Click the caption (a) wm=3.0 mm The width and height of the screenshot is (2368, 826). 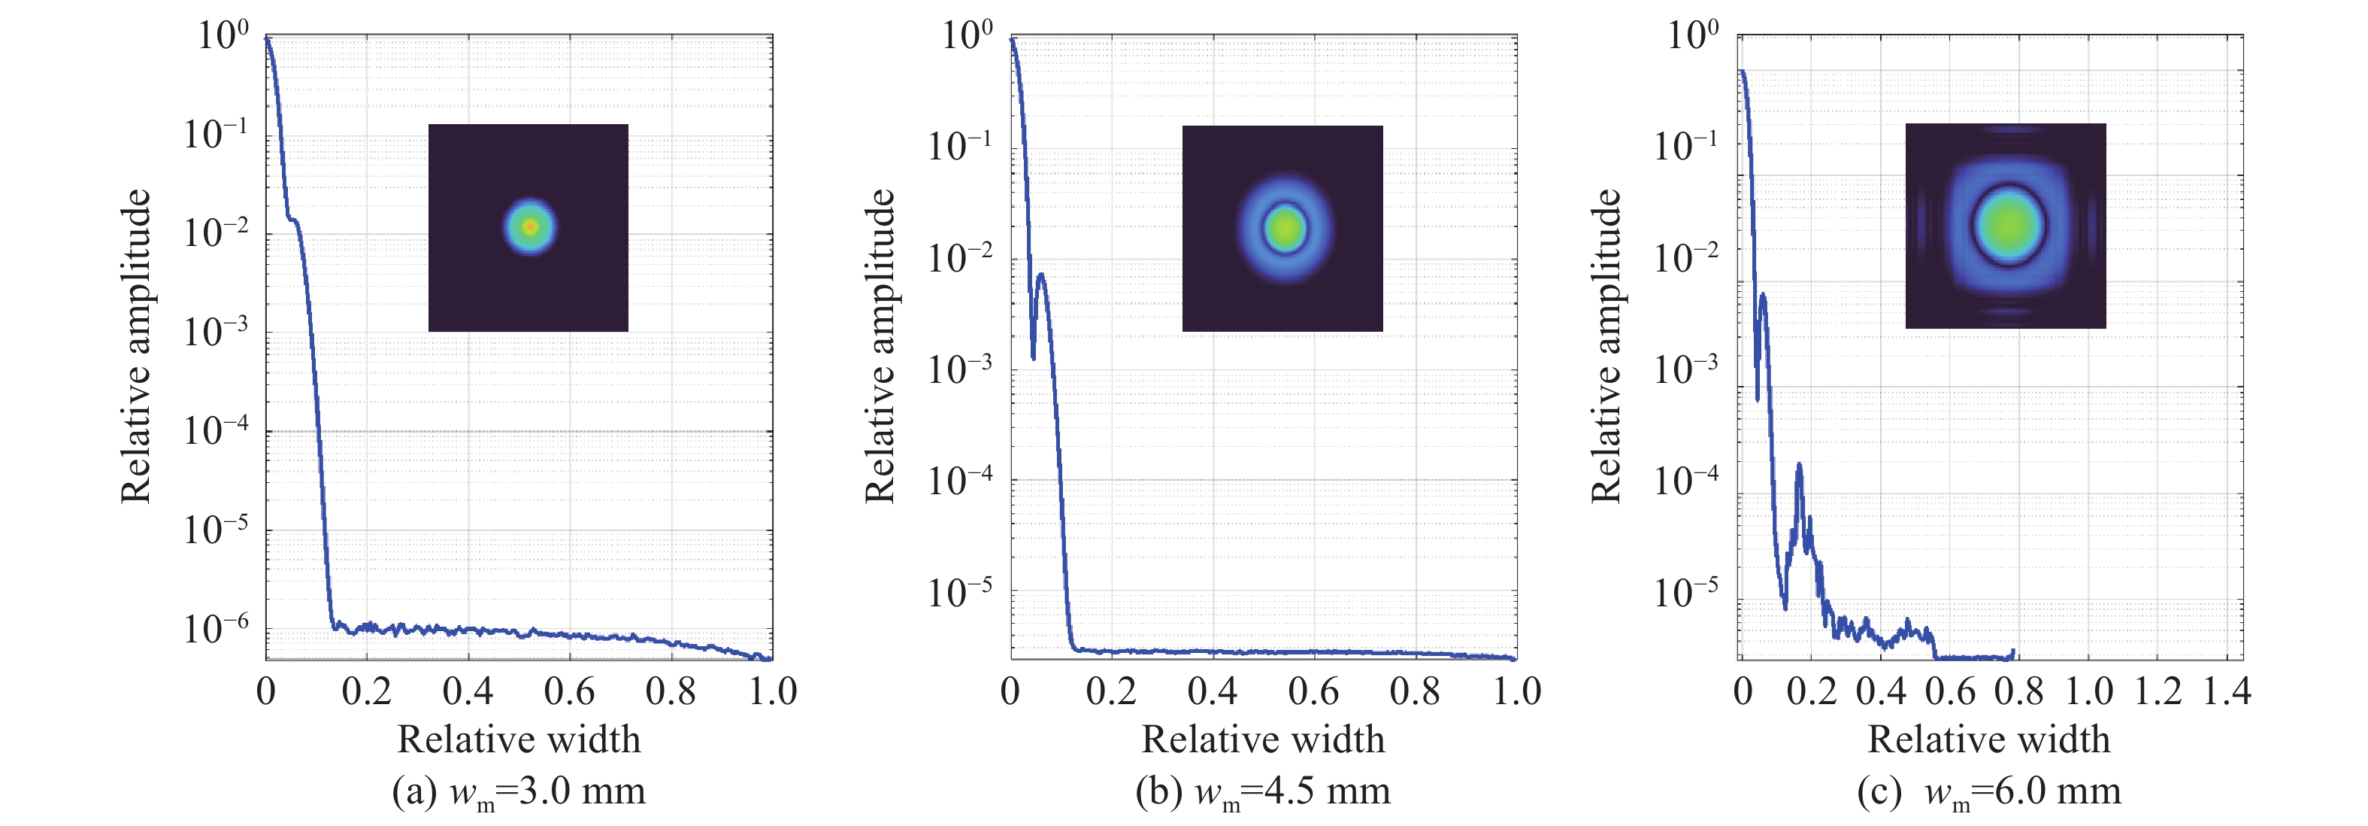tap(519, 792)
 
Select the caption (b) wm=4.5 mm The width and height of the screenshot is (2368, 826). tap(1263, 792)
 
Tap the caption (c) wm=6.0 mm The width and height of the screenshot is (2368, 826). tap(1989, 792)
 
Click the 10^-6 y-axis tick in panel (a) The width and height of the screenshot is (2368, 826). tap(216, 629)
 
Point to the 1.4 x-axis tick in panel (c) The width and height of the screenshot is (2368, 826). tap(2227, 691)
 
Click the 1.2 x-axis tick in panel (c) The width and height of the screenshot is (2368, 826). tap(2158, 691)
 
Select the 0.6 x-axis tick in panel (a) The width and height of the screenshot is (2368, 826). tap(569, 691)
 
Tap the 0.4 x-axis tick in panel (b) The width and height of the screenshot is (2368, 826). tap(1213, 691)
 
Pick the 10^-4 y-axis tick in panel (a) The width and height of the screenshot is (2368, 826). tap(216, 430)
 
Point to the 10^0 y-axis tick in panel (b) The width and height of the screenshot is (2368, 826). tap(967, 37)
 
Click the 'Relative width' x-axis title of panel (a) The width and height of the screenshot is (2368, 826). tap(519, 739)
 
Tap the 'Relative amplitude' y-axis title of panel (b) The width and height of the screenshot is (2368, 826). tap(880, 346)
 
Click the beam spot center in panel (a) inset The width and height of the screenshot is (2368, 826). tap(529, 226)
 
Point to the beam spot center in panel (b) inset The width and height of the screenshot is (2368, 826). tap(1284, 227)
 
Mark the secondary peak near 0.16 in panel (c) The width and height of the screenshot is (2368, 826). tap(1798, 466)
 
